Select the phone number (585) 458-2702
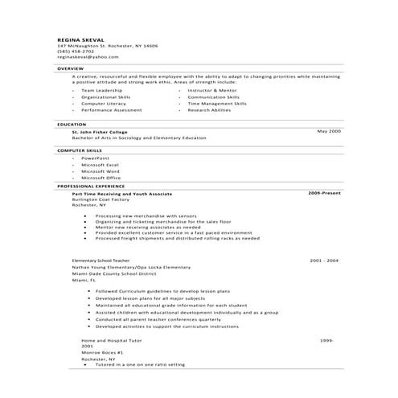click(x=76, y=51)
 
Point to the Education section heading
click(x=72, y=125)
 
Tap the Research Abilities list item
click(x=209, y=109)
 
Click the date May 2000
click(x=329, y=130)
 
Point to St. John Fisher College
click(x=99, y=130)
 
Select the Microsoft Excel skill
click(x=101, y=165)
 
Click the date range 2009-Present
click(x=325, y=193)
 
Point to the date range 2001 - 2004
click(x=324, y=261)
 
